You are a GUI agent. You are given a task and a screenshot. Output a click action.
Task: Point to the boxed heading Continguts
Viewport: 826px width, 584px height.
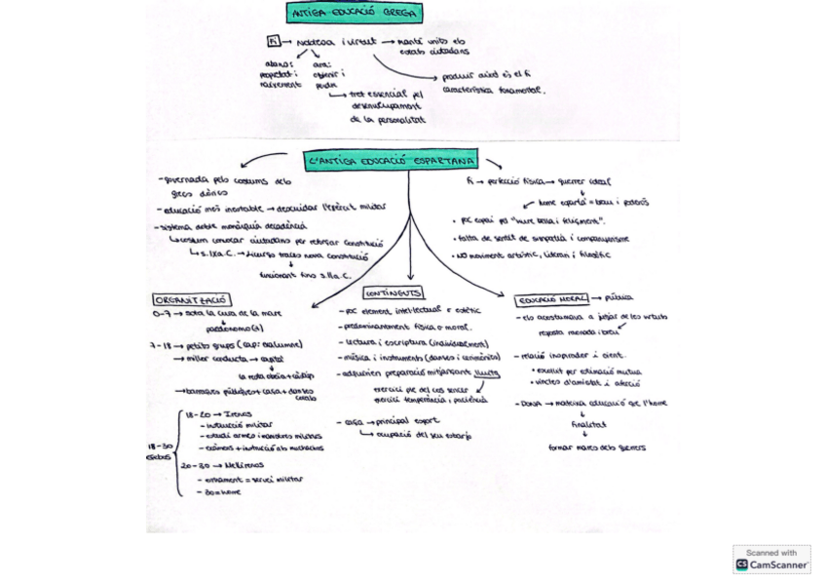point(393,292)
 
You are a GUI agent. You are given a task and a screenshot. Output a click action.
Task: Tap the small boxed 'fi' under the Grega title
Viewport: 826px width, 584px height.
point(274,41)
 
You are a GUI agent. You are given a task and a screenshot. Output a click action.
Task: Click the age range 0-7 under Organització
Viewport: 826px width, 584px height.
point(161,315)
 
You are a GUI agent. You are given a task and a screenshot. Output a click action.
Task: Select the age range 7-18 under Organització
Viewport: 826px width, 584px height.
point(161,344)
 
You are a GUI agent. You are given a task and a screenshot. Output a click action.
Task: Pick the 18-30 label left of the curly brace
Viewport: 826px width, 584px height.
point(160,447)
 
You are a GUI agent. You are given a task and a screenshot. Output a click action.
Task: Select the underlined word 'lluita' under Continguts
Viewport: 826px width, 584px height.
point(486,371)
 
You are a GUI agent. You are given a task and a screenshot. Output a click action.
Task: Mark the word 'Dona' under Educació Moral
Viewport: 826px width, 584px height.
point(530,403)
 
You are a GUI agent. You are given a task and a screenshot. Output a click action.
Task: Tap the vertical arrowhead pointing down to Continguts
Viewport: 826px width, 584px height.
point(409,277)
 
